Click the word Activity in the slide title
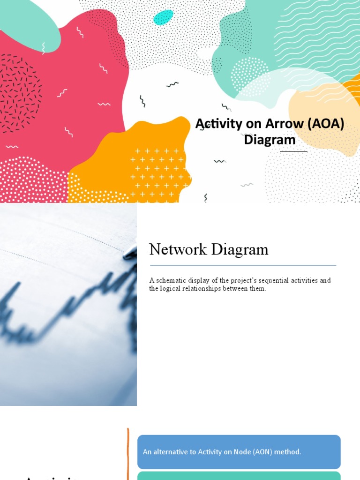point(217,124)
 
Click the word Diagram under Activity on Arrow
point(270,140)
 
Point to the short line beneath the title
point(294,151)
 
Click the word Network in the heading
point(177,249)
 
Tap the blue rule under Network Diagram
point(242,265)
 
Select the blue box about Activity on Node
point(239,452)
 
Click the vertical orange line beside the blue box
point(128,452)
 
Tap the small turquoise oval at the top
point(163,17)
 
